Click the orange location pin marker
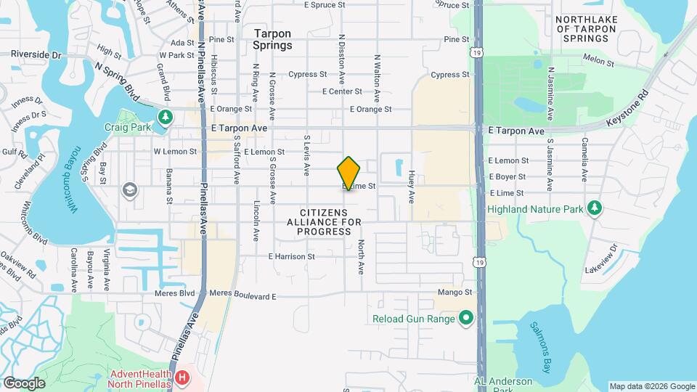pos(349,173)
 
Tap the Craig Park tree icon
pos(166,117)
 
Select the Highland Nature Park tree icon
pos(595,209)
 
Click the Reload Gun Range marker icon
pos(465,318)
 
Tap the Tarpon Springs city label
pos(272,39)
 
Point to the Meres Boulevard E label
pos(243,296)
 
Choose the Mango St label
pos(455,293)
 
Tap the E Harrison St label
pos(291,256)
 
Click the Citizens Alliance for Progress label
pos(325,221)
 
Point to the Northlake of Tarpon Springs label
pos(593,29)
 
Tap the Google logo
pos(24,383)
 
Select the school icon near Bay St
pos(130,190)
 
